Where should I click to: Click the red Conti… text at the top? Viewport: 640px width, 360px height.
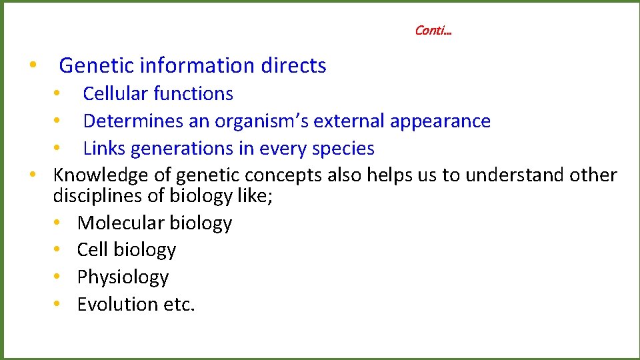pyautogui.click(x=433, y=31)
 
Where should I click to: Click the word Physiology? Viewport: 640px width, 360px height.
pyautogui.click(x=123, y=277)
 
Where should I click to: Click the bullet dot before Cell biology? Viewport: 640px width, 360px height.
pyautogui.click(x=59, y=250)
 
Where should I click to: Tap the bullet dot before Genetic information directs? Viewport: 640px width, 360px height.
pyautogui.click(x=32, y=66)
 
